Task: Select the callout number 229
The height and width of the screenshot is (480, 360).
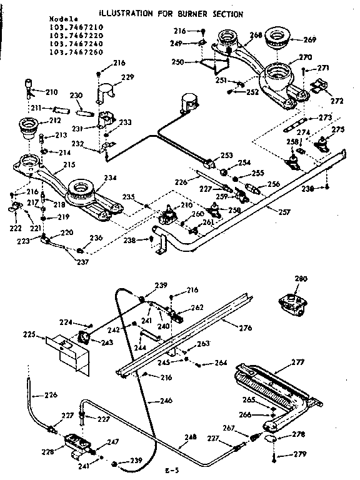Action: [x=127, y=77]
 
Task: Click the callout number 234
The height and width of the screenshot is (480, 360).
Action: [x=109, y=178]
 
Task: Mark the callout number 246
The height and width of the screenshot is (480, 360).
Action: [x=166, y=401]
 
